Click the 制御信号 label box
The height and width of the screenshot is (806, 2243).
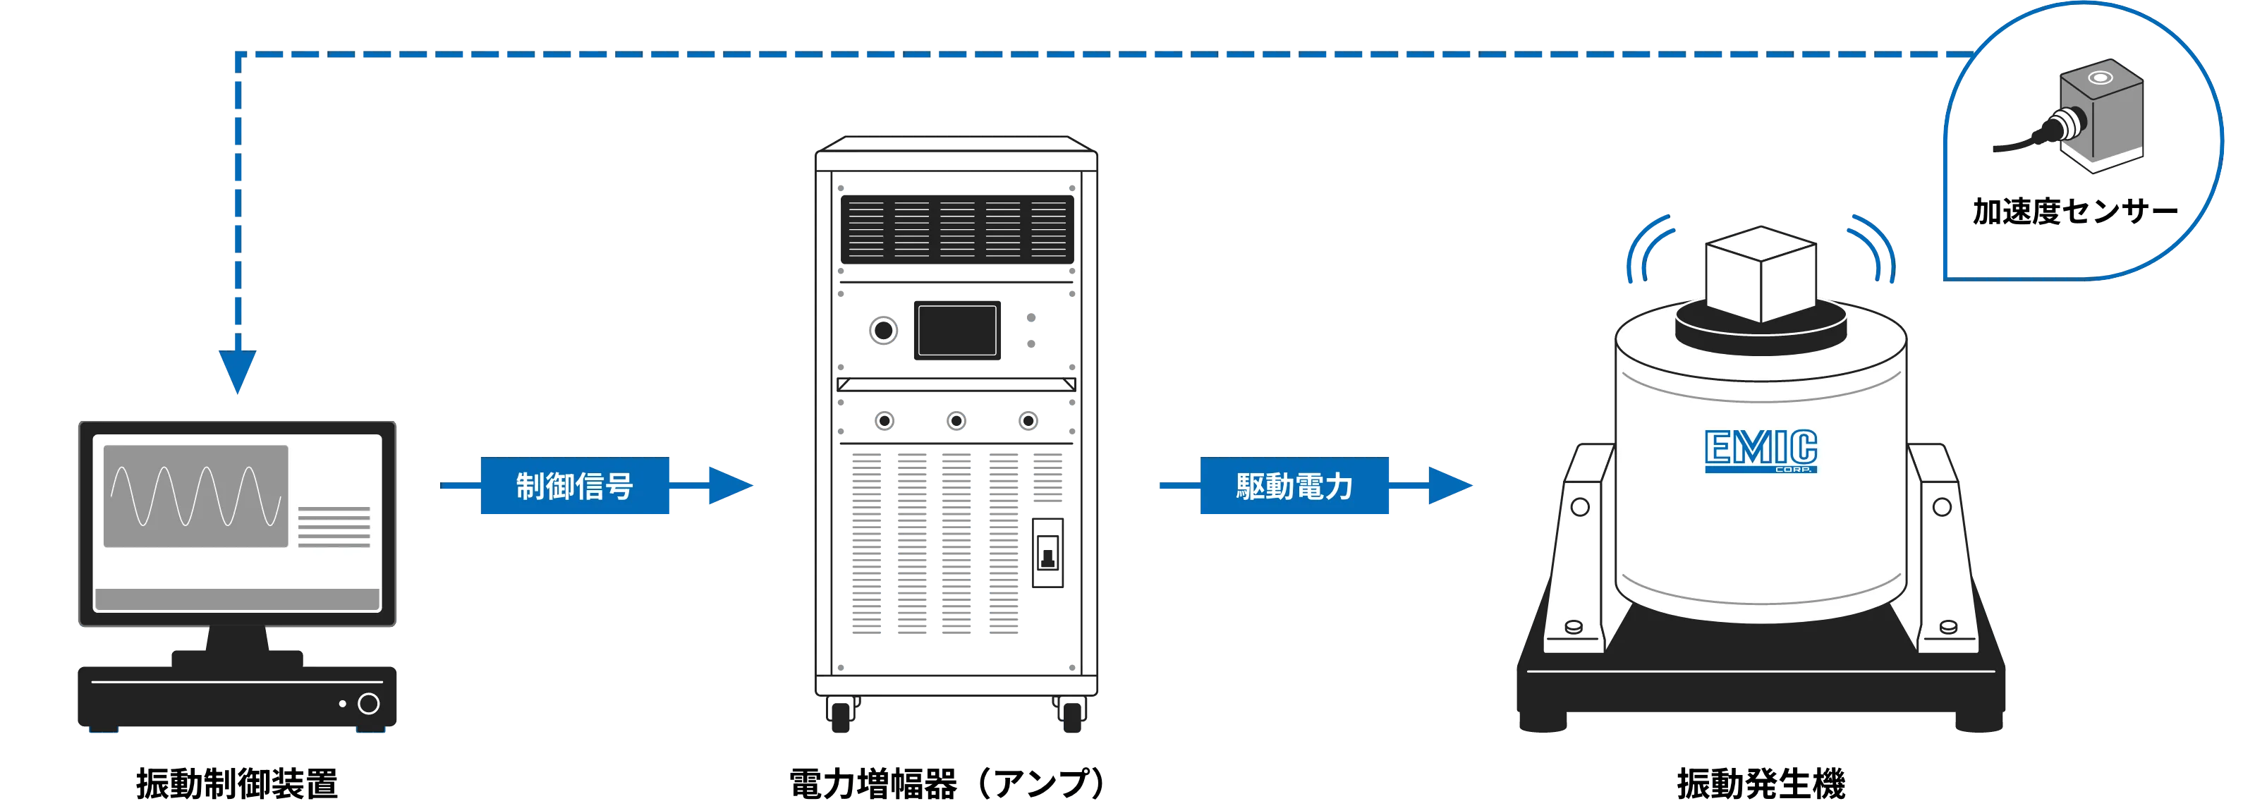pos(575,486)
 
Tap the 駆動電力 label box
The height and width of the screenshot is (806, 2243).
pos(1294,486)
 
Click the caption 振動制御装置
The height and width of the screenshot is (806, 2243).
pos(237,783)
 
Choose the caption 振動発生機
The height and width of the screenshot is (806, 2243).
pos(1761,783)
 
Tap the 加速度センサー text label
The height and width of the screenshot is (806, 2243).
pos(2075,212)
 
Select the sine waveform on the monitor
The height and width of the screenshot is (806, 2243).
pos(196,496)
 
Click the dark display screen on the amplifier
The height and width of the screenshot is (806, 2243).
pos(957,331)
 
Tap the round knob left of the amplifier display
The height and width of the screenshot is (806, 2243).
pos(883,331)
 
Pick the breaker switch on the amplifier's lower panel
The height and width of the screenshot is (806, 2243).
pos(1047,553)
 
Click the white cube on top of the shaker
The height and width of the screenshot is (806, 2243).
pos(1761,274)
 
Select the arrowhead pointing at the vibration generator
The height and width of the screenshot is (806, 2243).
pos(1449,486)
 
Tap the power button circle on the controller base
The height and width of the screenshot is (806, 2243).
pos(368,703)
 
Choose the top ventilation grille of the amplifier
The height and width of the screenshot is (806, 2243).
pos(957,230)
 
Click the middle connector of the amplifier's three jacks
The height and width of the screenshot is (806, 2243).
pos(956,421)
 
